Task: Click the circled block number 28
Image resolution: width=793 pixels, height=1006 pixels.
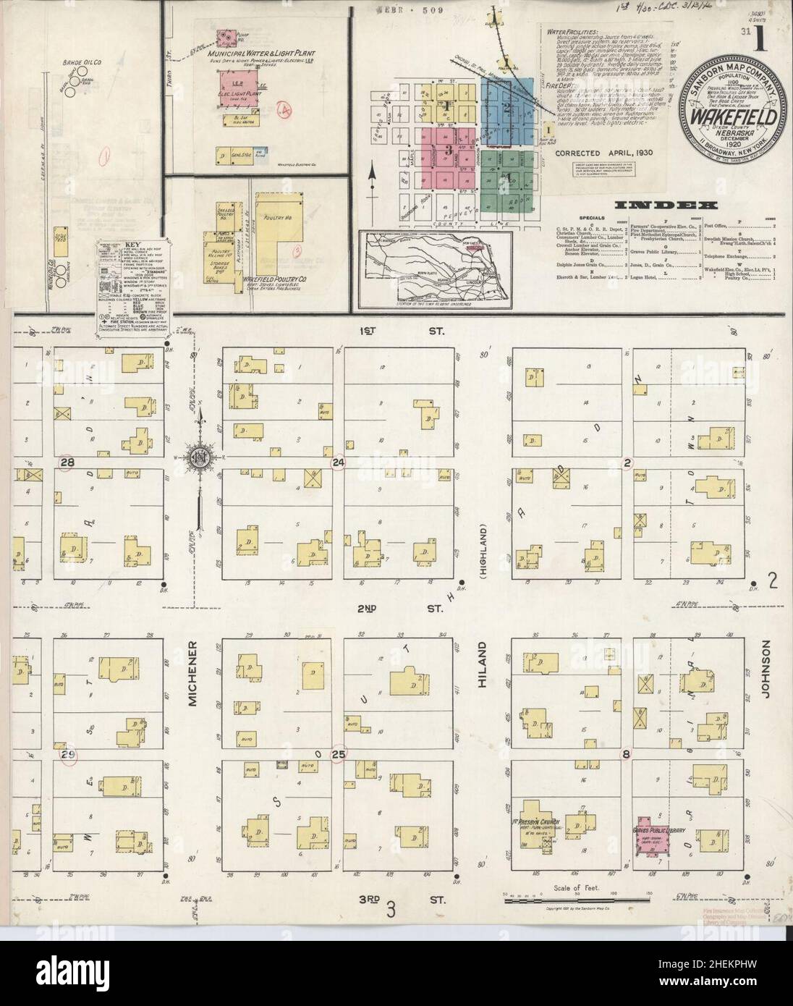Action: [x=68, y=462]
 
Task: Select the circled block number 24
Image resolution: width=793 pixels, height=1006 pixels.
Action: [x=337, y=462]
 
